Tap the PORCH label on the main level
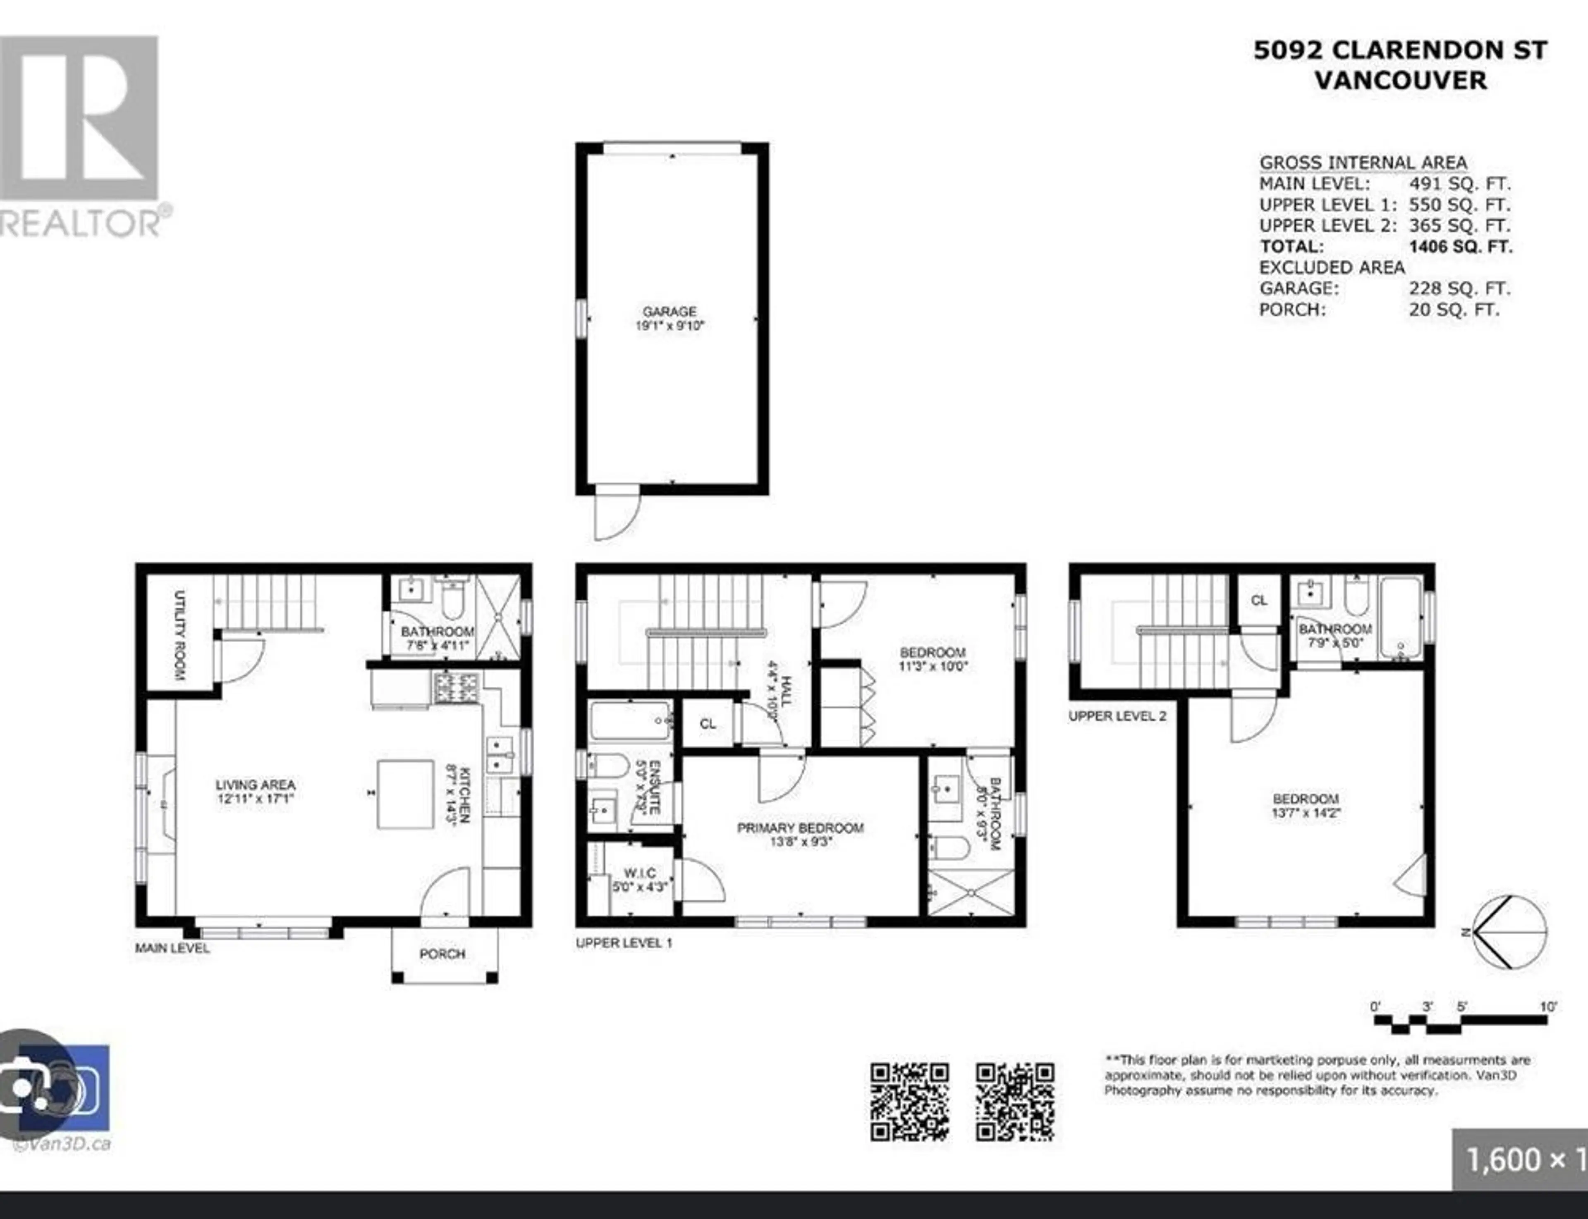[442, 954]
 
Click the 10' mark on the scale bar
[1547, 1007]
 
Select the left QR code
[909, 1102]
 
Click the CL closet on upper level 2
[1258, 601]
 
